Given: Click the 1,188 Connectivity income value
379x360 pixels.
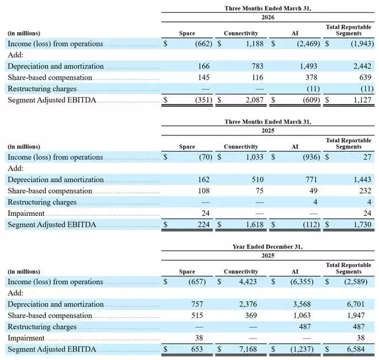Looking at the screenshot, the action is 254,44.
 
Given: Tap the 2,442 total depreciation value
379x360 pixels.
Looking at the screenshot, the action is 362,66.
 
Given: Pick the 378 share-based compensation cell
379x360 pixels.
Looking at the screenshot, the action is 311,78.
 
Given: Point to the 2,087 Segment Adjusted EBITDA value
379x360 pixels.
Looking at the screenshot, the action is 254,100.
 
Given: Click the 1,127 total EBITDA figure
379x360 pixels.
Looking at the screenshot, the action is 362,100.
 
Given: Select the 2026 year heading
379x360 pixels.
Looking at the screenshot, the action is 268,17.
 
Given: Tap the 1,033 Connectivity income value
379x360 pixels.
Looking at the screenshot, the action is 254,157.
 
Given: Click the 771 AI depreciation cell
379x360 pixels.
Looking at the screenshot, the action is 311,180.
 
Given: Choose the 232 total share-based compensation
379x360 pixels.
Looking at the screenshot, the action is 365,191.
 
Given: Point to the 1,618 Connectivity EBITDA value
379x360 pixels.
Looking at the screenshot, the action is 254,224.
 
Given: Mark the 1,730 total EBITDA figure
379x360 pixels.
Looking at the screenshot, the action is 362,224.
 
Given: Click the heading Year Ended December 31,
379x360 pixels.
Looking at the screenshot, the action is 268,247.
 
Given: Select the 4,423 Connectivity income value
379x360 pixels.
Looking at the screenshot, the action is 248,282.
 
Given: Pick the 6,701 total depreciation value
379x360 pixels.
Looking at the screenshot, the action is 355,304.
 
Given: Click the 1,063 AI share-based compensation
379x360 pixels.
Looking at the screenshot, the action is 302,315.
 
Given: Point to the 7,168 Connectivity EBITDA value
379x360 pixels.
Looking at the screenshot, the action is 248,349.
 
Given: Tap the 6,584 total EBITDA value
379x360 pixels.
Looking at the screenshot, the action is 355,349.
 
